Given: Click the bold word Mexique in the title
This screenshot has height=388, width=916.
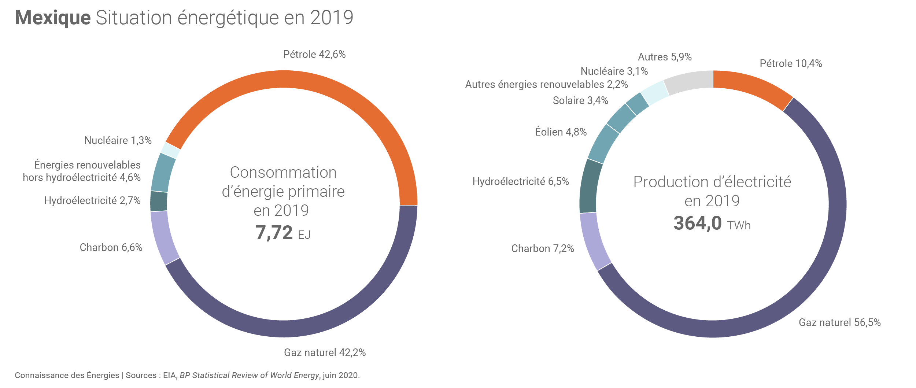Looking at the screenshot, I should (x=53, y=18).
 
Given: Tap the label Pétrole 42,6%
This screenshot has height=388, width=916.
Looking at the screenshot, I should (x=314, y=55).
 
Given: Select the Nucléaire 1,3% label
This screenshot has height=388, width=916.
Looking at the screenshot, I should (x=118, y=140).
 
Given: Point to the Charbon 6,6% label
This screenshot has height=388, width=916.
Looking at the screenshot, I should (x=111, y=248).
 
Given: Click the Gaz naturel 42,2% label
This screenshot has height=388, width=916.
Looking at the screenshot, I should (x=325, y=352).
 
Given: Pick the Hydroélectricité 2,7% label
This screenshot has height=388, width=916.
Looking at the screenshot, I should (x=92, y=200).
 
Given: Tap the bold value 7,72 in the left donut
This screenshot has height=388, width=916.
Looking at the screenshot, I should (x=274, y=233).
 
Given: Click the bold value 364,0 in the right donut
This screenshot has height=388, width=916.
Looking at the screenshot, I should (x=697, y=223).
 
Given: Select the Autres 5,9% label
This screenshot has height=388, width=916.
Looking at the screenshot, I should (x=665, y=57).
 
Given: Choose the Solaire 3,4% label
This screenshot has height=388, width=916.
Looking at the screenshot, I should (x=580, y=100).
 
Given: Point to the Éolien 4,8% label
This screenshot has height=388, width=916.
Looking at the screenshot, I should (x=561, y=132).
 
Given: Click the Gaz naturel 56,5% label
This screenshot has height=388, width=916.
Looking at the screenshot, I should (x=839, y=322).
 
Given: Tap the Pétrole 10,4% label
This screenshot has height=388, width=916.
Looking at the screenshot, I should (x=791, y=64).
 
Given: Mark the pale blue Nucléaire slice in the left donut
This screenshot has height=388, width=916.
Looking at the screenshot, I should (x=170, y=150).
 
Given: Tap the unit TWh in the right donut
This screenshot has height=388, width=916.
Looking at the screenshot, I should (x=739, y=225).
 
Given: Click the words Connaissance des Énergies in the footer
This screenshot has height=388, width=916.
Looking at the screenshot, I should (x=67, y=375).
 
